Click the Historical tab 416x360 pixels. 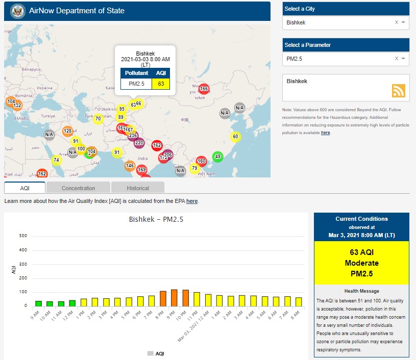(x=138, y=188)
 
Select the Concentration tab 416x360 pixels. (x=78, y=188)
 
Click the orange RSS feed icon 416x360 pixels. (x=399, y=90)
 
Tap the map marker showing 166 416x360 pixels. (x=204, y=89)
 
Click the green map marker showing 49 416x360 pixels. (x=218, y=157)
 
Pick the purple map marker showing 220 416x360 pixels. (x=139, y=143)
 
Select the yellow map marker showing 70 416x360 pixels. (x=98, y=119)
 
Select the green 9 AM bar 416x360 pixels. (x=38, y=303)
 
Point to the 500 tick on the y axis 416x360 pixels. (x=23, y=236)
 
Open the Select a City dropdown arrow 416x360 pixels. (x=403, y=22)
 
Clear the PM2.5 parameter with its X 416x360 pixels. (x=397, y=59)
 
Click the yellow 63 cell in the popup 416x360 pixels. (x=161, y=83)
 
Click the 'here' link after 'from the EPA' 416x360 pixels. (x=192, y=201)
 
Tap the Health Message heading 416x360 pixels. (x=361, y=291)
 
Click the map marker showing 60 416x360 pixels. (x=235, y=137)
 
